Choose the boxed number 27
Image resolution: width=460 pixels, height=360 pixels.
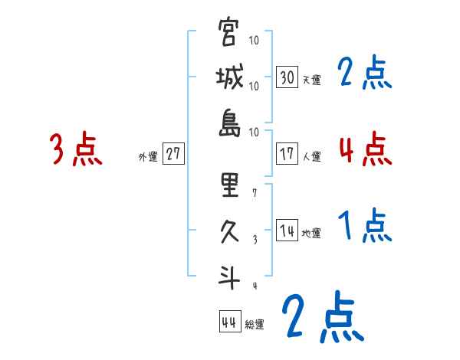click(x=174, y=154)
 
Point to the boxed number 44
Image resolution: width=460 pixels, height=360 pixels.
click(x=229, y=321)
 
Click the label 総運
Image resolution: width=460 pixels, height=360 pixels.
click(x=255, y=324)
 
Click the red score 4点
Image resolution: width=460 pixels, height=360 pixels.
click(x=365, y=149)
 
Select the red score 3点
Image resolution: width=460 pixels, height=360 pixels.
click(x=76, y=149)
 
